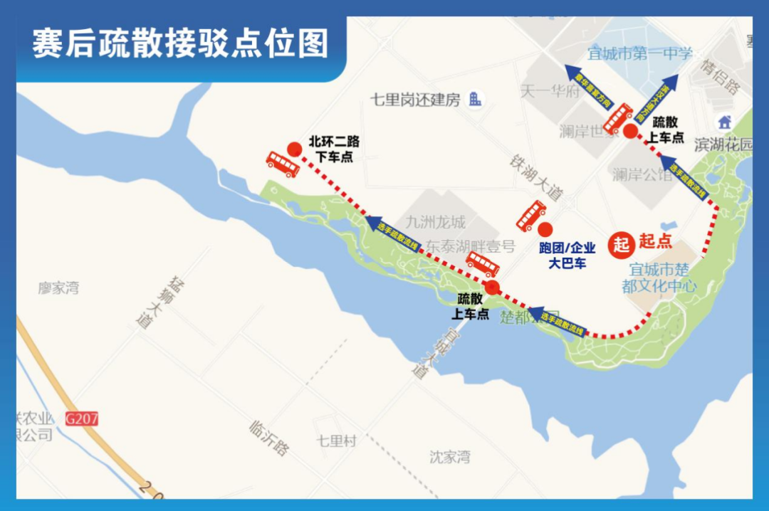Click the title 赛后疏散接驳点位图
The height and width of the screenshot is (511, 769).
180,43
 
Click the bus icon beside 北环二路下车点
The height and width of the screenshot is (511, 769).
282,164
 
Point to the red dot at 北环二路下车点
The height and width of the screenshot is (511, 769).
294,149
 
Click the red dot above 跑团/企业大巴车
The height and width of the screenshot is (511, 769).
545,229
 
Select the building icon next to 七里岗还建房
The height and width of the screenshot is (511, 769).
475,100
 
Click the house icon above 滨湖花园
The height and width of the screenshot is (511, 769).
725,122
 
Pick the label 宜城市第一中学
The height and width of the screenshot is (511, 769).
639,53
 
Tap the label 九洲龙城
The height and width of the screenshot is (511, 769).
435,222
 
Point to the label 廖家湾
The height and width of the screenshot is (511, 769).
59,288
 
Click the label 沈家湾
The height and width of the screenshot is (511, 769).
450,456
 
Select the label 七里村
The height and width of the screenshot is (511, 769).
337,441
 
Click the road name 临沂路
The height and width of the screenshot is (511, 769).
270,438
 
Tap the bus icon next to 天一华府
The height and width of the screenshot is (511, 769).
617,117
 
